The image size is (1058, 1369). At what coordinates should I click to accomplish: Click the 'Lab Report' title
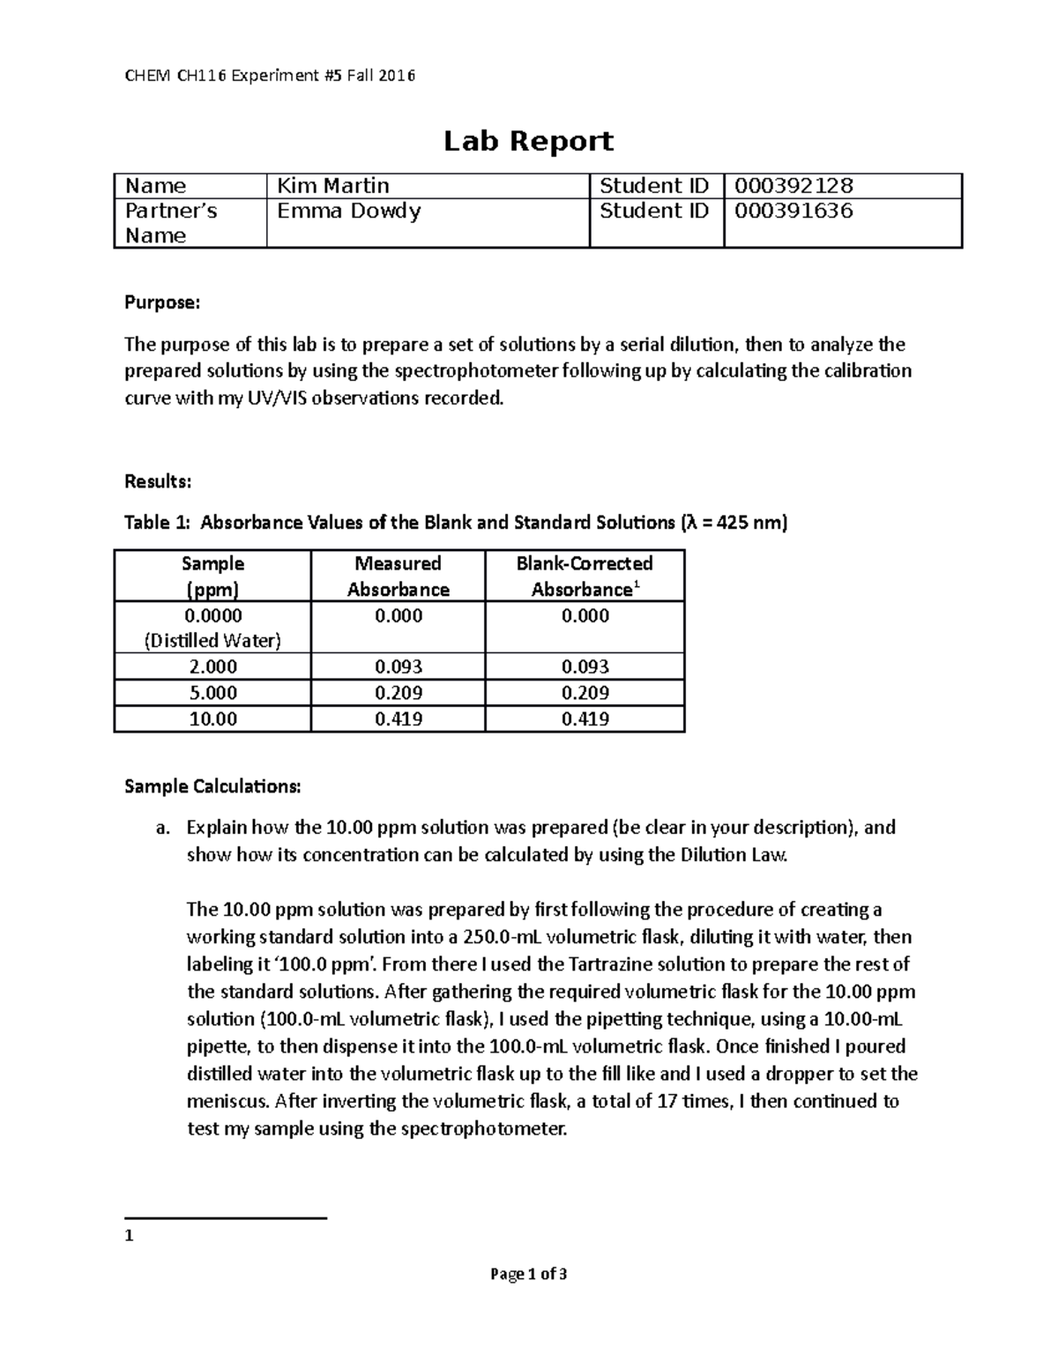[528, 141]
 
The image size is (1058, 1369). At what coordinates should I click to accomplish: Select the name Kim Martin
[333, 186]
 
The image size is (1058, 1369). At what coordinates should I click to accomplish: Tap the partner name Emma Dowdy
[348, 212]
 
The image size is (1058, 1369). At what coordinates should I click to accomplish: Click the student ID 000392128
[793, 186]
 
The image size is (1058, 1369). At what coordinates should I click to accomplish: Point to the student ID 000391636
[793, 212]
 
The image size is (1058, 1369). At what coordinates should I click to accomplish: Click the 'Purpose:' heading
[162, 303]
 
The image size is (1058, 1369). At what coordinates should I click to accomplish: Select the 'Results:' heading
[158, 481]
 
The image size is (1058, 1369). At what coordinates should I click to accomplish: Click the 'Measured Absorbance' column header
[398, 577]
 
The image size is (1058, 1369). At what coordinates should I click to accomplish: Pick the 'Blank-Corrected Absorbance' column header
[585, 577]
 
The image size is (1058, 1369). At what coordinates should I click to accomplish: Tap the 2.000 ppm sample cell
[212, 667]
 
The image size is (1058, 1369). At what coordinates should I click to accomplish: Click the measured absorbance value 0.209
[398, 693]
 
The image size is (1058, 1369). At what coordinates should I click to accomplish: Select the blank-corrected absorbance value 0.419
[585, 719]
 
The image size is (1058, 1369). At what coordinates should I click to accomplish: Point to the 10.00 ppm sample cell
[212, 719]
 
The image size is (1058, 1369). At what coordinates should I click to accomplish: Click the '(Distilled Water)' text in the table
[212, 641]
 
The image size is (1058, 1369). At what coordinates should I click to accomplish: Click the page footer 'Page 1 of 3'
[528, 1274]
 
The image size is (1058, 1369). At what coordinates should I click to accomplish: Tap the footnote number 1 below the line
[129, 1236]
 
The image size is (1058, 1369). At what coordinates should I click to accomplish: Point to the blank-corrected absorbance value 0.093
[585, 667]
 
